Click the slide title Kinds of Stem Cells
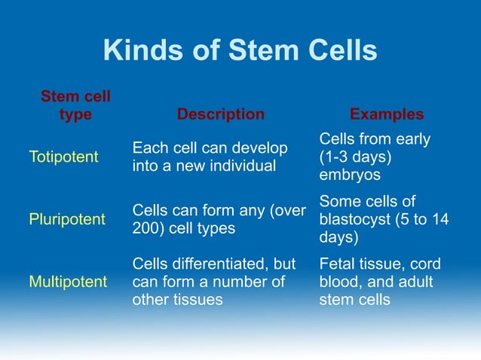click(x=240, y=50)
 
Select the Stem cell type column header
click(x=75, y=105)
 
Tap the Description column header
click(x=220, y=114)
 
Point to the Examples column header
click(x=386, y=114)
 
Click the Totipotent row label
click(x=63, y=157)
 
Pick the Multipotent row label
click(x=68, y=282)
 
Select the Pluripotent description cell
click(x=218, y=219)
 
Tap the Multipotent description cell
click(x=213, y=282)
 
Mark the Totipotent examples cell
click(x=375, y=157)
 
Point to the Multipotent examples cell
click(x=380, y=282)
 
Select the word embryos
click(x=351, y=175)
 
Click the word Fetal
click(x=339, y=265)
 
